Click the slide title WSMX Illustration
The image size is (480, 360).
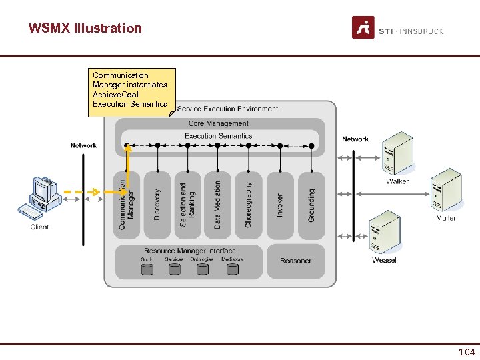[x=85, y=28]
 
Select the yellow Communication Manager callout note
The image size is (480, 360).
[x=131, y=91]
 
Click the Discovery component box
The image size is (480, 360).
[x=157, y=205]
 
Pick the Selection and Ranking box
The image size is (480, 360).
[x=188, y=205]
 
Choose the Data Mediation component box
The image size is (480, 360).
[x=218, y=205]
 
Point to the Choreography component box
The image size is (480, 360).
[x=249, y=205]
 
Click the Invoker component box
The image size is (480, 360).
[x=280, y=205]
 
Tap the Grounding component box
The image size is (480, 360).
[x=311, y=205]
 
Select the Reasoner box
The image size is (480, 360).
[x=296, y=261]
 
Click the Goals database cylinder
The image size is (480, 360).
[x=147, y=269]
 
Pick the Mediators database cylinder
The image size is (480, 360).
[x=232, y=269]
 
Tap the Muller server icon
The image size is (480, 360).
[x=445, y=192]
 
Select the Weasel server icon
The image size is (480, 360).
[x=385, y=232]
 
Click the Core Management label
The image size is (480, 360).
[x=219, y=123]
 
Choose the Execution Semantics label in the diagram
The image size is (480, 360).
[x=219, y=136]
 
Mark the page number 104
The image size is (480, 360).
[x=467, y=352]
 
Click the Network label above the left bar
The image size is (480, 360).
[x=83, y=145]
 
